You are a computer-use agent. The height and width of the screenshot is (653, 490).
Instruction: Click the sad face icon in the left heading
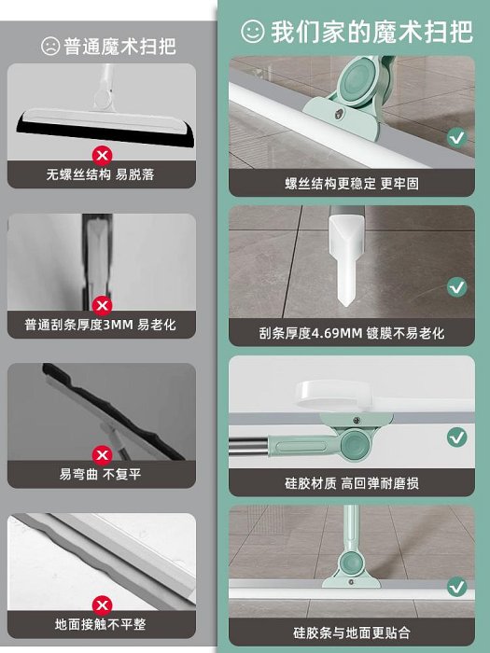(50, 46)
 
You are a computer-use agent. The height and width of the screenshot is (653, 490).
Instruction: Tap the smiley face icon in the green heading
(253, 31)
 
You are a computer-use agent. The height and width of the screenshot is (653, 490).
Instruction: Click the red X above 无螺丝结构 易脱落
(102, 156)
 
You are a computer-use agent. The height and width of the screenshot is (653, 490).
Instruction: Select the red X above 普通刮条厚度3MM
(102, 306)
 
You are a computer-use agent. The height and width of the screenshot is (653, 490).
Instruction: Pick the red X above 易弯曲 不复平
(102, 455)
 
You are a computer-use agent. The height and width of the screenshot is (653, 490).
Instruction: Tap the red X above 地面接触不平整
(102, 605)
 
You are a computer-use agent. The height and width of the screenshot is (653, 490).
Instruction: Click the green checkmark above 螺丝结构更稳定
(457, 137)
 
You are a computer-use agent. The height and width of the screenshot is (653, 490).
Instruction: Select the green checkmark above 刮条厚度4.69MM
(457, 287)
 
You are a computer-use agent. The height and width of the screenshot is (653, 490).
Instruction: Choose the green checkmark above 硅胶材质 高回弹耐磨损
(457, 437)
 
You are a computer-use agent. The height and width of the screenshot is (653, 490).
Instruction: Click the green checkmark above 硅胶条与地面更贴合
(457, 587)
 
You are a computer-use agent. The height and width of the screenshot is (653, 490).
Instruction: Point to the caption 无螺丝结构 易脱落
(101, 174)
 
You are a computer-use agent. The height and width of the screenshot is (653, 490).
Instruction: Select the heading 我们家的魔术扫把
(371, 32)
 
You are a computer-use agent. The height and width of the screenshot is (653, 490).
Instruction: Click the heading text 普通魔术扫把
(119, 46)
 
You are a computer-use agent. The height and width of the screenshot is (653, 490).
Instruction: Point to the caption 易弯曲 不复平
(101, 474)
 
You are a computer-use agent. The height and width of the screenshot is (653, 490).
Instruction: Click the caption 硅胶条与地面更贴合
(352, 632)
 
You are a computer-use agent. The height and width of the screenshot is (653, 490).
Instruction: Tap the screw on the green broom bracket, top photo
(340, 113)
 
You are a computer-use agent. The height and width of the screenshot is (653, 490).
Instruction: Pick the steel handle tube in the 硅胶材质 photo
(249, 447)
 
